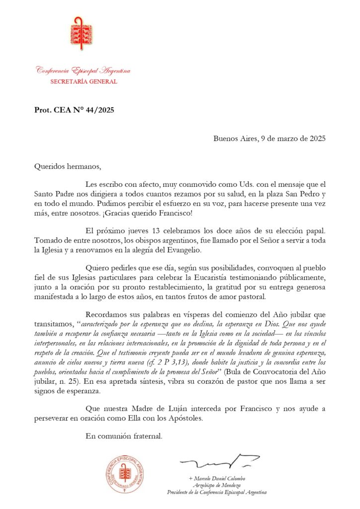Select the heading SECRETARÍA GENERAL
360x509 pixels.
tap(84, 82)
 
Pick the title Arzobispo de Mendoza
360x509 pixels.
tap(218, 485)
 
